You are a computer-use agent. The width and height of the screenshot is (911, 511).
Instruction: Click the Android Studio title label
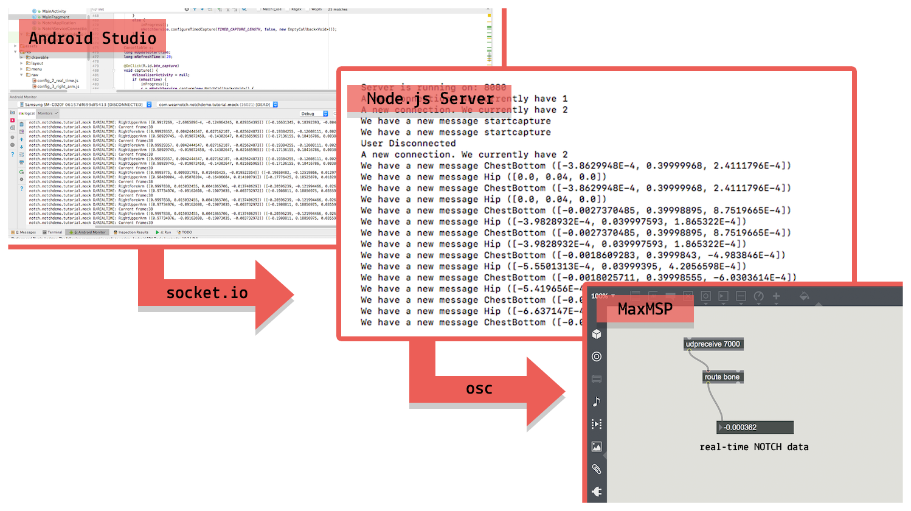pos(92,38)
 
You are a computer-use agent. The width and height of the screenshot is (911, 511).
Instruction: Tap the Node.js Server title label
pos(430,99)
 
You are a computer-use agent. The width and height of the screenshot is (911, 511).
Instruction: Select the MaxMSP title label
pos(645,309)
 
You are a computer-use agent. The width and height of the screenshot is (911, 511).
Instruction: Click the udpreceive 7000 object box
pos(713,344)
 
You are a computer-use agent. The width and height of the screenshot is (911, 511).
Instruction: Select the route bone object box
pos(722,377)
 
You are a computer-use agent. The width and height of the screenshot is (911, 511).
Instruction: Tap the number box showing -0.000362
pos(755,428)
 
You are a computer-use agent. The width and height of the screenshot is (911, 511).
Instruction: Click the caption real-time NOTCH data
pos(754,447)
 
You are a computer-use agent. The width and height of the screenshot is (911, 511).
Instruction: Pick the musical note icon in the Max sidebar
pos(597,401)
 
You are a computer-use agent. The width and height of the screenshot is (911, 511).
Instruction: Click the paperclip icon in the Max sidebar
pos(597,469)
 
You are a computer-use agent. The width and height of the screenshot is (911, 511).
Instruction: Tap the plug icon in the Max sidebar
pos(597,492)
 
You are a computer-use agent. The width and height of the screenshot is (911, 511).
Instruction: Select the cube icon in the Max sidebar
pos(597,334)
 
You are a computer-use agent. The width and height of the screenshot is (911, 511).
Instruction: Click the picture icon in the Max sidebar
pos(597,447)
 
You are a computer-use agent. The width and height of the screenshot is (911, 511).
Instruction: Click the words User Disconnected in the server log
pos(408,144)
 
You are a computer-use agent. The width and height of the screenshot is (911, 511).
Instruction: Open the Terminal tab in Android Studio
pos(53,232)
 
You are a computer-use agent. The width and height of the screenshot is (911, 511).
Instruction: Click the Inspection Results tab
pos(131,232)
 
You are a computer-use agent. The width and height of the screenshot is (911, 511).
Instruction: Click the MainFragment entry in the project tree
pos(55,17)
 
